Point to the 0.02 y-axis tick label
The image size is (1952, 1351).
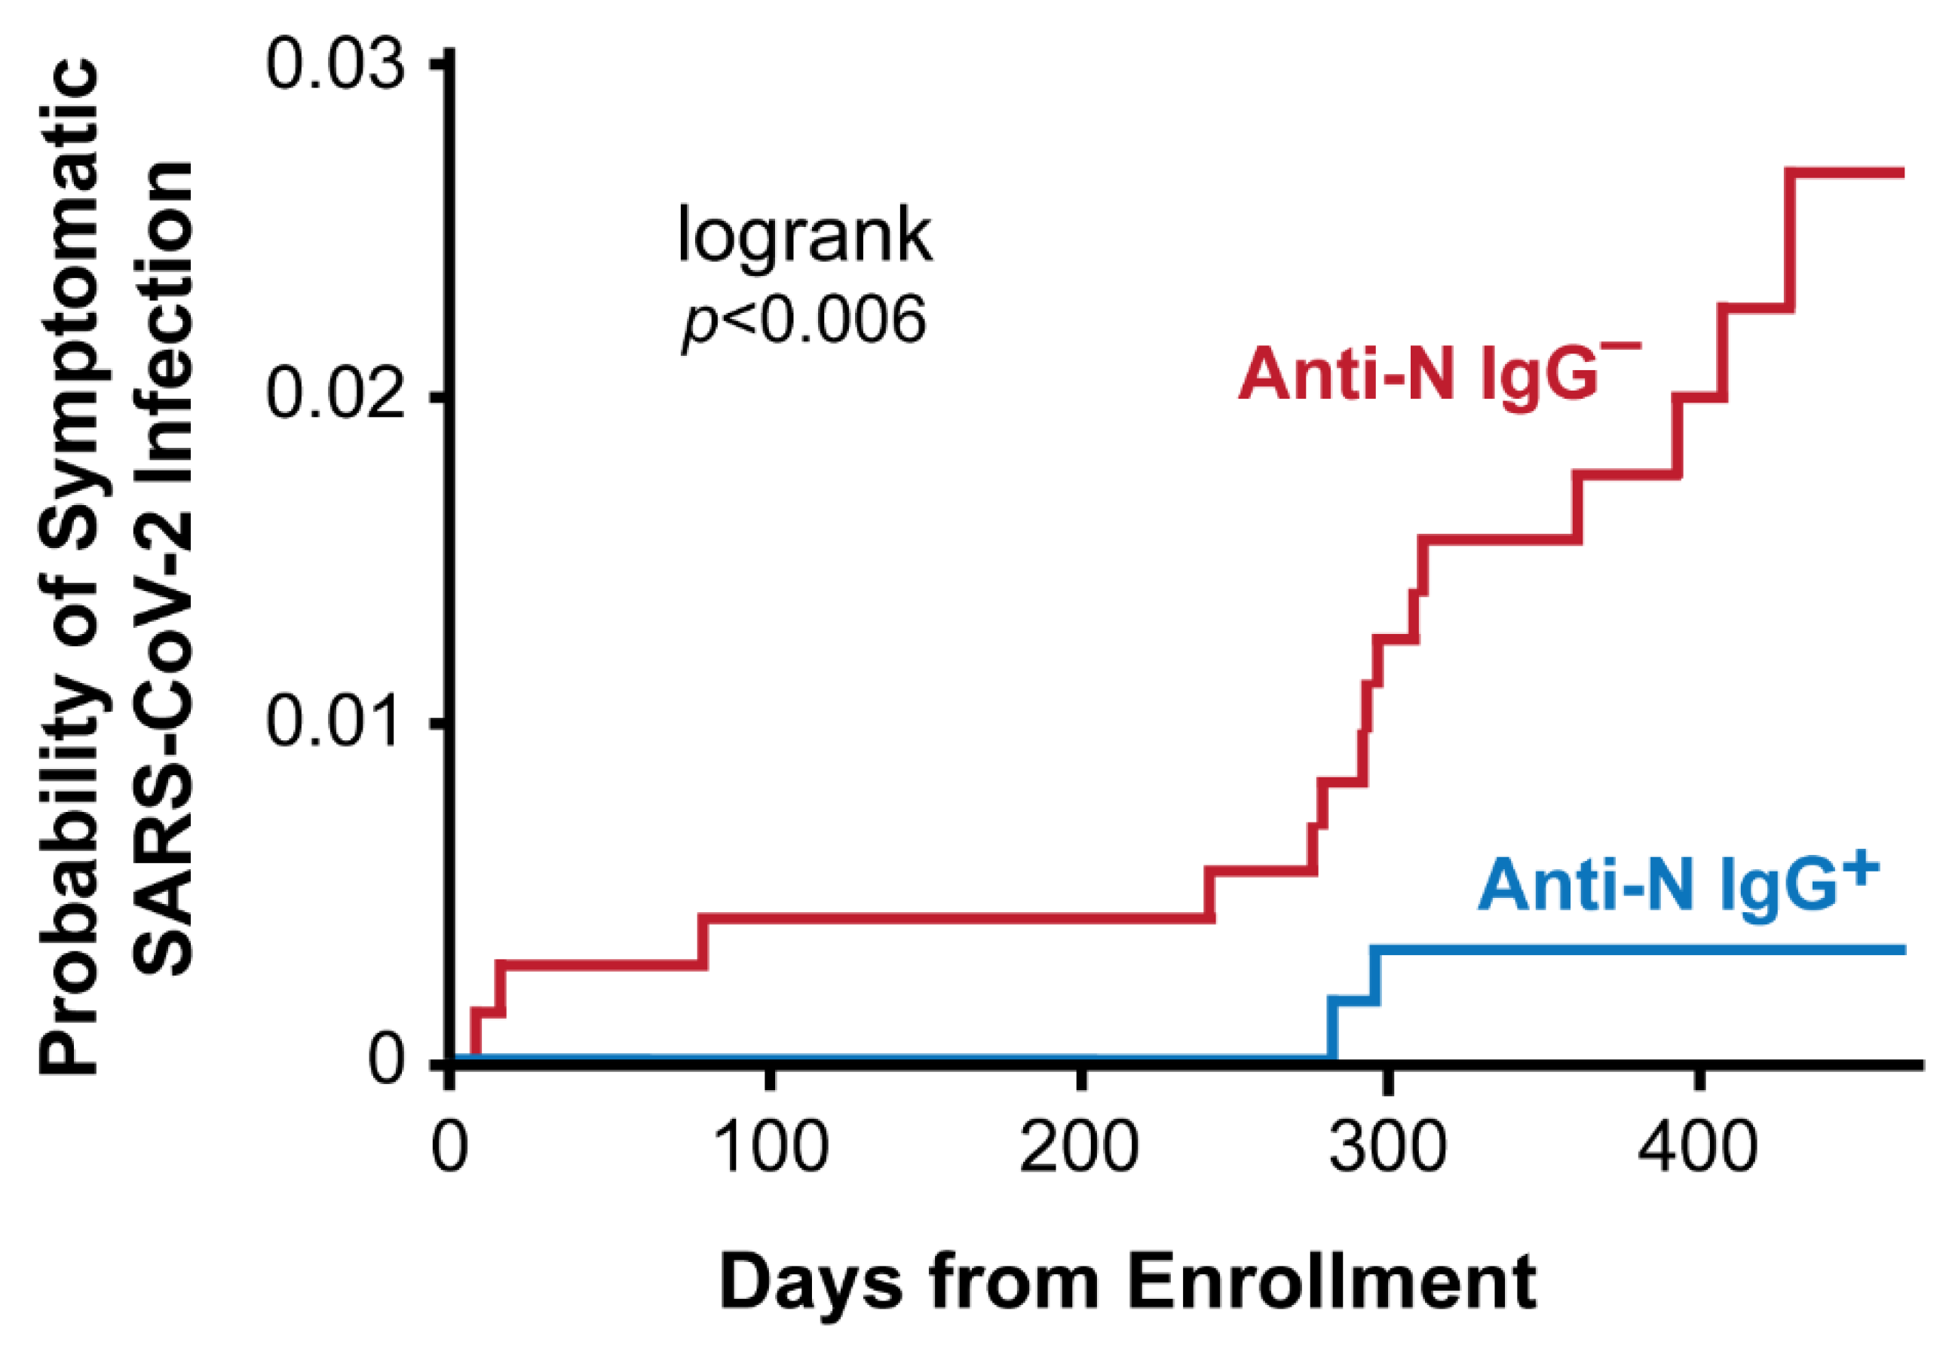point(333,394)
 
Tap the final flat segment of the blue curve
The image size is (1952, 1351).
point(1642,951)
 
